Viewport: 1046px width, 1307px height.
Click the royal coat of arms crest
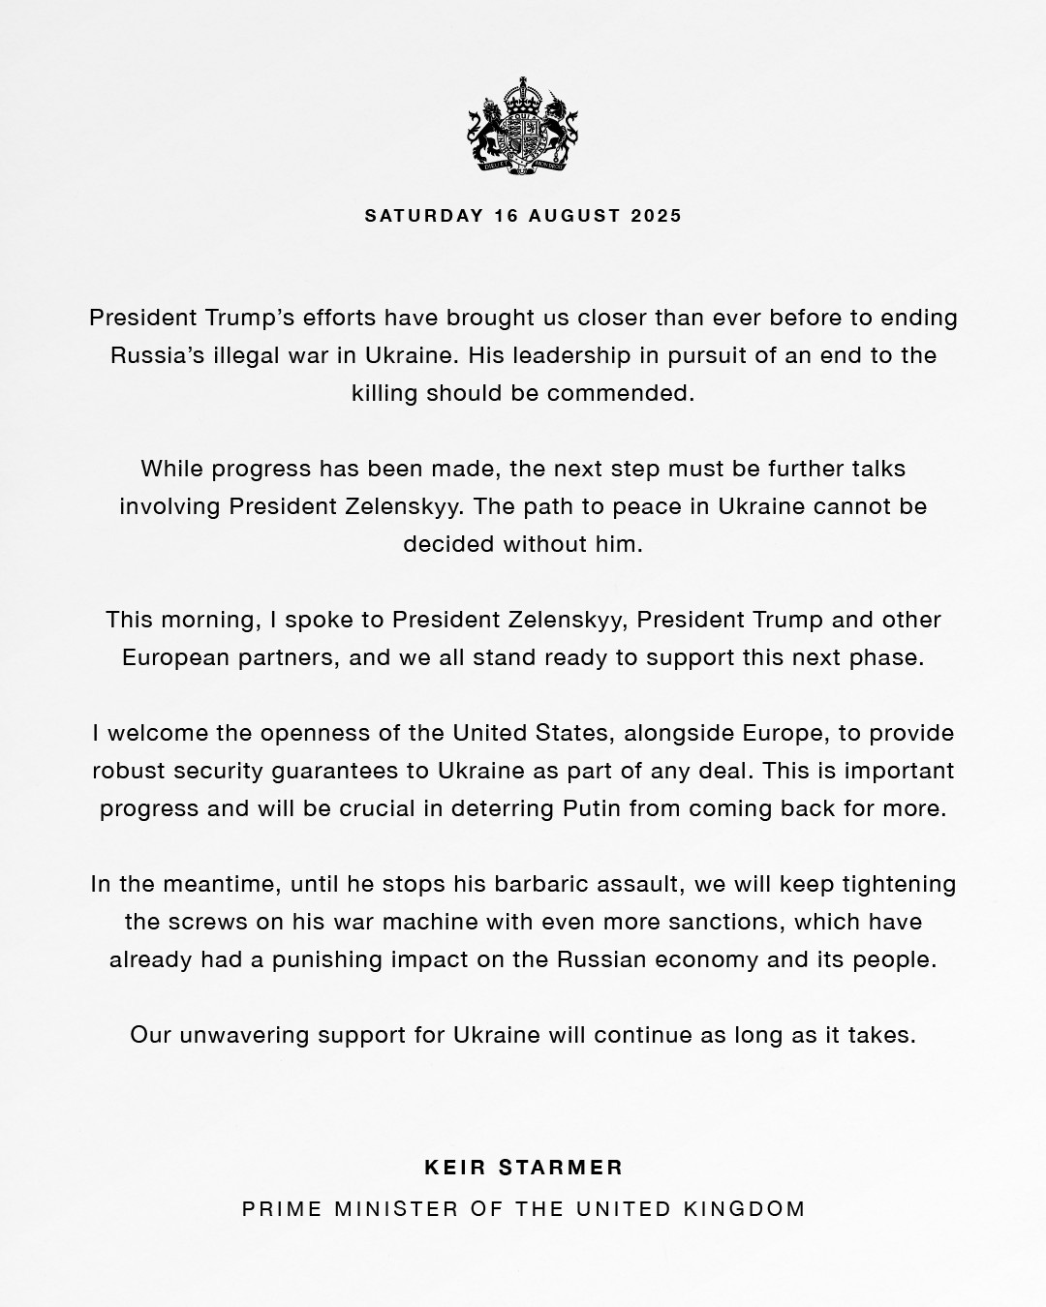523,126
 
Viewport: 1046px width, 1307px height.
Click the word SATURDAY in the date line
424,215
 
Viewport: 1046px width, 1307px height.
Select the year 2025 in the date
656,215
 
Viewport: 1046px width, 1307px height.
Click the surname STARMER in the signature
562,1168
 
